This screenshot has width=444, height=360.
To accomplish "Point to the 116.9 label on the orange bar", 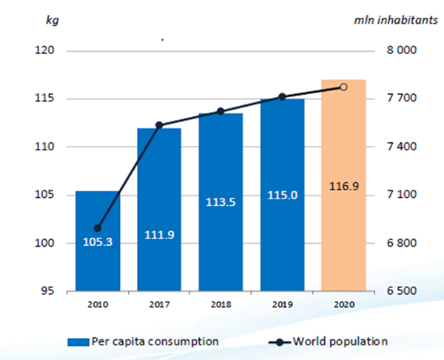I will click(x=343, y=187).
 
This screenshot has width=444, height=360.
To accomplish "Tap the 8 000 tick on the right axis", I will click(x=403, y=51).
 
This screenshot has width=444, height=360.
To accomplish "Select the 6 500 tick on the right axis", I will click(x=403, y=291).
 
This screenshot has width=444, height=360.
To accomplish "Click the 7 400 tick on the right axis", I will click(x=403, y=147).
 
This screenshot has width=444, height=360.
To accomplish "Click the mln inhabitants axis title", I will click(x=397, y=19).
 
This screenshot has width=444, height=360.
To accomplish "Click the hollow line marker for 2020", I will click(x=343, y=87).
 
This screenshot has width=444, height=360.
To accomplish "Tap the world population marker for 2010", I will click(x=98, y=228).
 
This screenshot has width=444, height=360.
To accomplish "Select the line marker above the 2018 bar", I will click(x=221, y=112).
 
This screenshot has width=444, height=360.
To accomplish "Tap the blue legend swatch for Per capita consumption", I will click(x=77, y=341).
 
